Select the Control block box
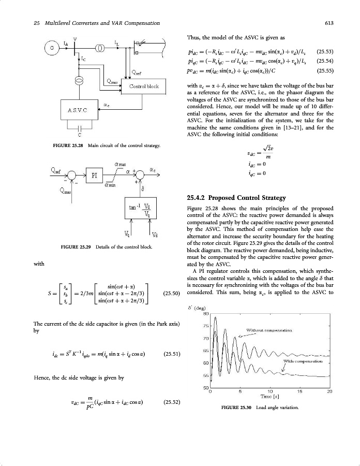(x=144, y=86)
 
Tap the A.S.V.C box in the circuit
(x=76, y=110)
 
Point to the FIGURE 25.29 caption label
(x=75, y=247)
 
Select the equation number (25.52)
(x=171, y=401)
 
